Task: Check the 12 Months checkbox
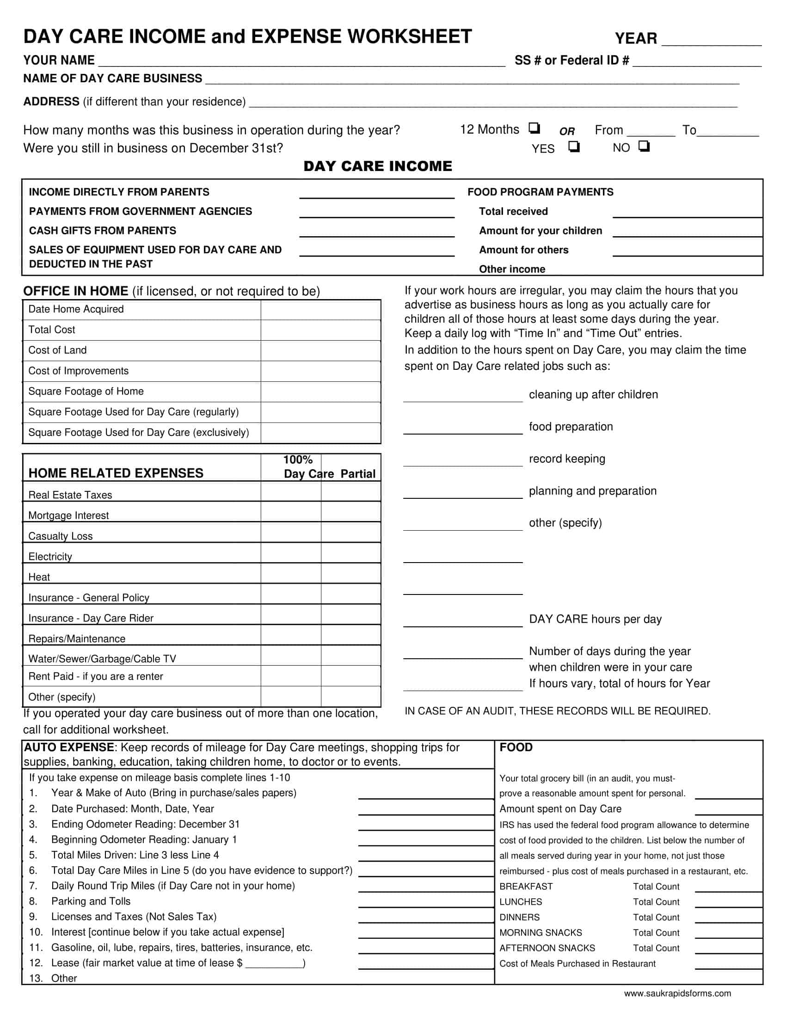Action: (x=534, y=128)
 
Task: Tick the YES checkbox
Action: (x=574, y=147)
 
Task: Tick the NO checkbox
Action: (x=644, y=146)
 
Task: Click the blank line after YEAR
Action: (x=711, y=40)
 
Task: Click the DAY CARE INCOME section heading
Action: (x=378, y=166)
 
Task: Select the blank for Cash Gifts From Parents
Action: (x=377, y=232)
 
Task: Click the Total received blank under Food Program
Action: (x=687, y=212)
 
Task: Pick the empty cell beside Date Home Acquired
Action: (x=320, y=310)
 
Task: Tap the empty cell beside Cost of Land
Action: (x=320, y=351)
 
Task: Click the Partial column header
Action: (x=357, y=473)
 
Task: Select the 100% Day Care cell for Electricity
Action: (x=290, y=553)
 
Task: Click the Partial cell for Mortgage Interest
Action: (x=350, y=512)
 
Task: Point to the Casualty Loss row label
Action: (x=61, y=536)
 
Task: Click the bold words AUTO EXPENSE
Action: (x=69, y=747)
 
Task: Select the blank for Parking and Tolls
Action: (x=425, y=901)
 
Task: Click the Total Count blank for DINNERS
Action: (x=728, y=918)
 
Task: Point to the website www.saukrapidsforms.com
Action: (x=677, y=993)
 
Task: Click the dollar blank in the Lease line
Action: (x=274, y=963)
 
